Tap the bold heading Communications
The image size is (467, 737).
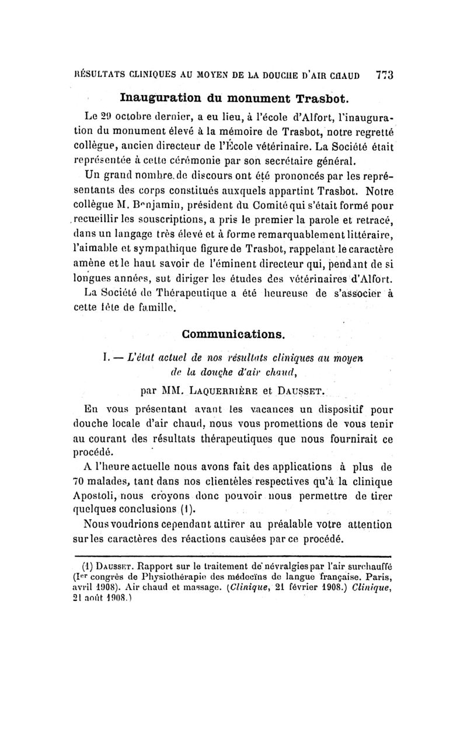point(233,335)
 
